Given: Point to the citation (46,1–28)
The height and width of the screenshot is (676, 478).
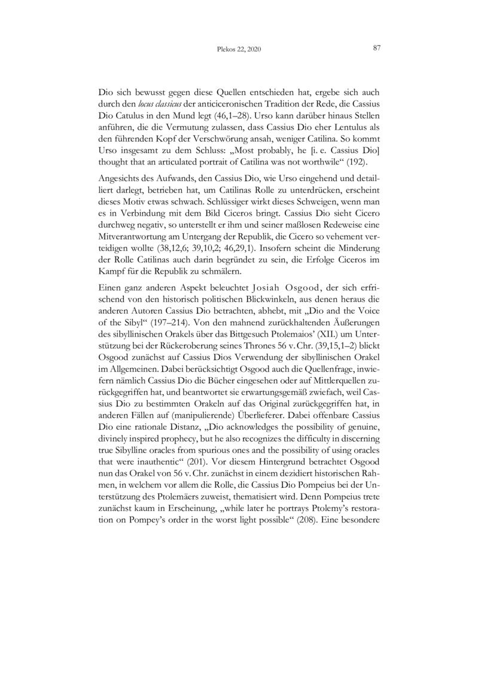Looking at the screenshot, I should coord(254,116).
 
